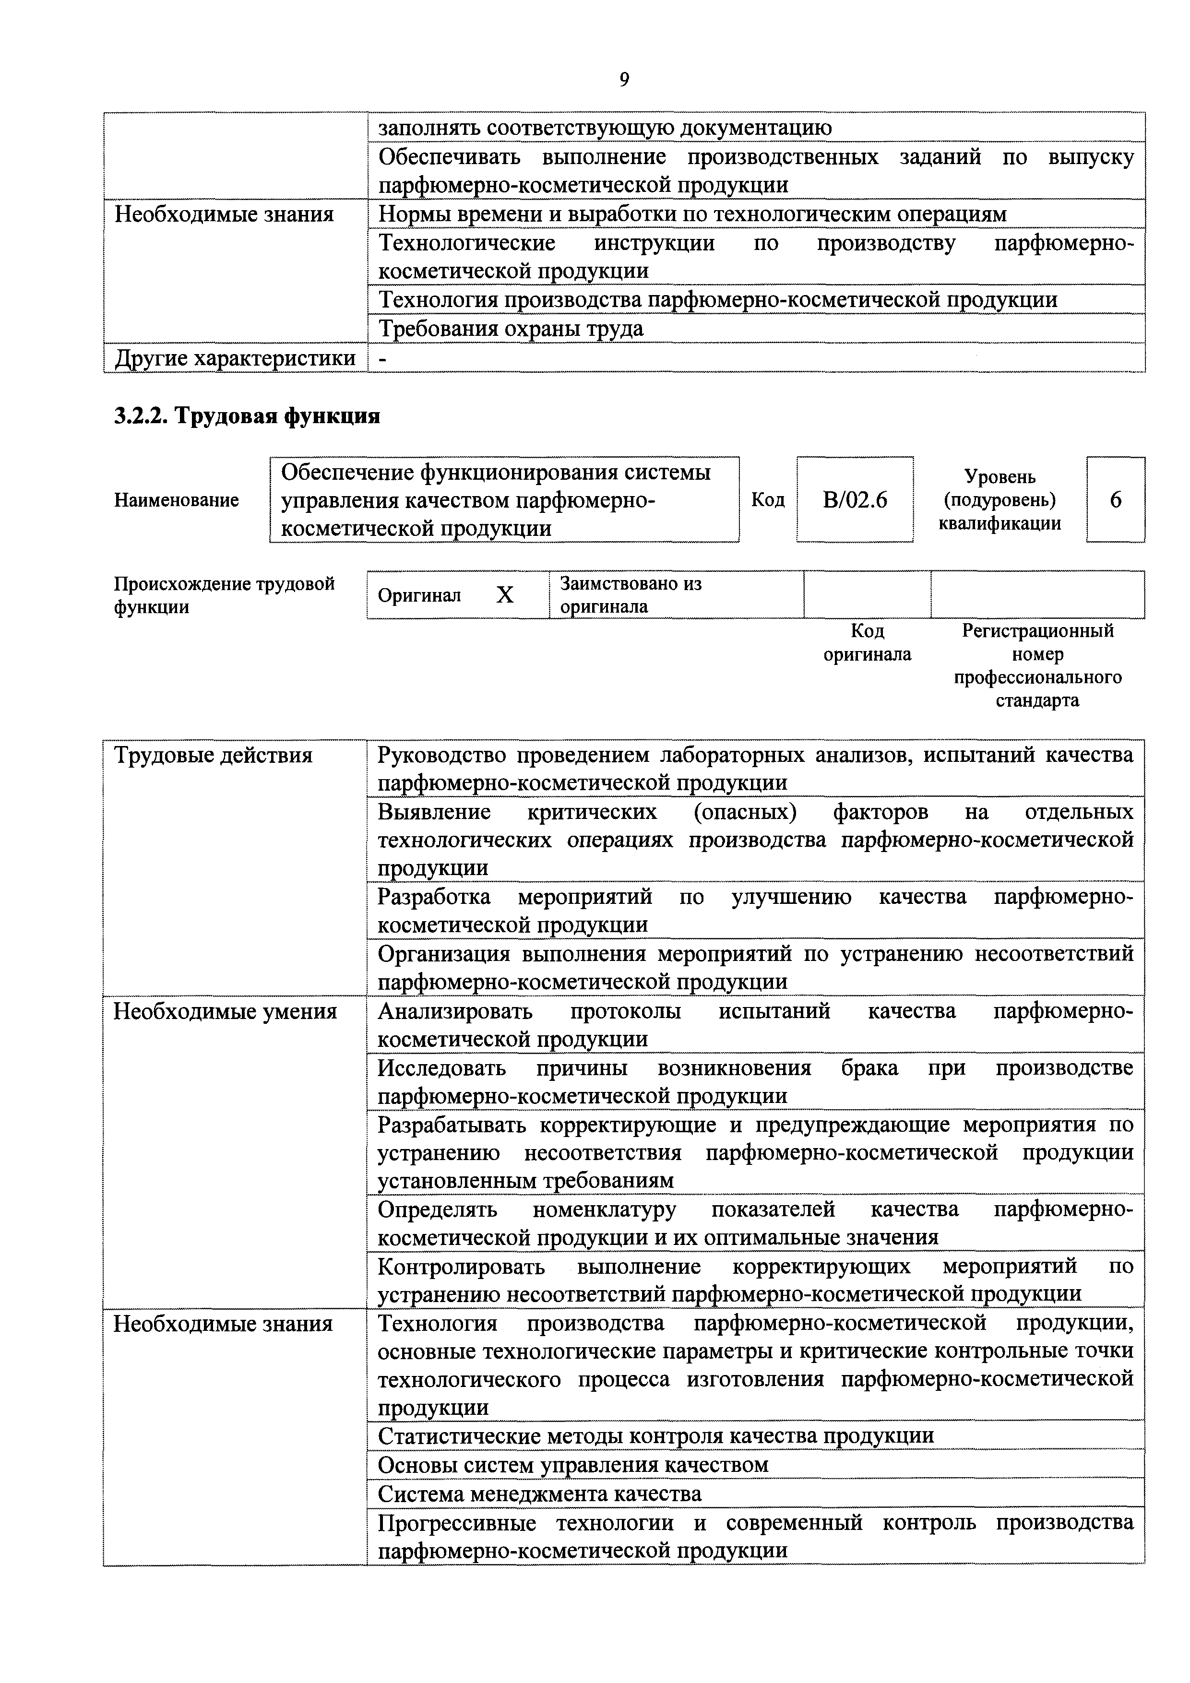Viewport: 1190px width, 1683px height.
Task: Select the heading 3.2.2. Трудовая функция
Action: pos(247,416)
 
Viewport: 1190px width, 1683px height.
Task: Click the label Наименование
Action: pos(177,500)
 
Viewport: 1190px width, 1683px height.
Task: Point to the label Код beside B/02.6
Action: pos(768,500)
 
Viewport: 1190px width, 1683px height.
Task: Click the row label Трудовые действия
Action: pos(214,755)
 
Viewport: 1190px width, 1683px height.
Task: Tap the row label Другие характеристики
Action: pos(235,358)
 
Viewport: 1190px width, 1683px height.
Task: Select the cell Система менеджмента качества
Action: pos(540,1494)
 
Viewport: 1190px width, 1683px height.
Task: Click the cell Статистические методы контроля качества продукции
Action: pos(655,1435)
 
